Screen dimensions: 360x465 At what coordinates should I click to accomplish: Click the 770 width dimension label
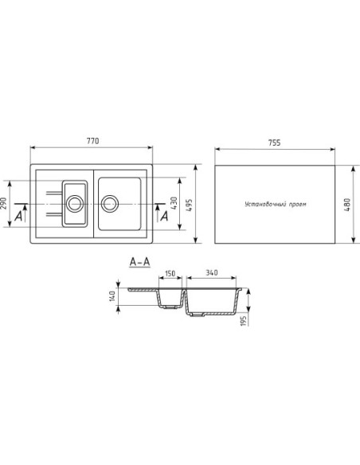point(93,141)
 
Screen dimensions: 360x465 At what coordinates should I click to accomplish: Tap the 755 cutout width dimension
point(274,143)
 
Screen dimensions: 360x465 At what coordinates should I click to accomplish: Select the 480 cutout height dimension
point(347,205)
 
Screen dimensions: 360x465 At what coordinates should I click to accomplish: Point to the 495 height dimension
point(189,205)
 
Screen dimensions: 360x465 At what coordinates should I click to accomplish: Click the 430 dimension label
point(174,203)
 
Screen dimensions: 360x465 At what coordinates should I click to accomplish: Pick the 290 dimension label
point(3,203)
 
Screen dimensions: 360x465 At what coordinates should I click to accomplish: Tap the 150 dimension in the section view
point(170,273)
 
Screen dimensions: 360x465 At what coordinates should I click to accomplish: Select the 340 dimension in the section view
point(212,272)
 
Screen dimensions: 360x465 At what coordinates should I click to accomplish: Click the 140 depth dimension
point(112,296)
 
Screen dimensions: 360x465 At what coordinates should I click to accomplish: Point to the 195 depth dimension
point(244,321)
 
